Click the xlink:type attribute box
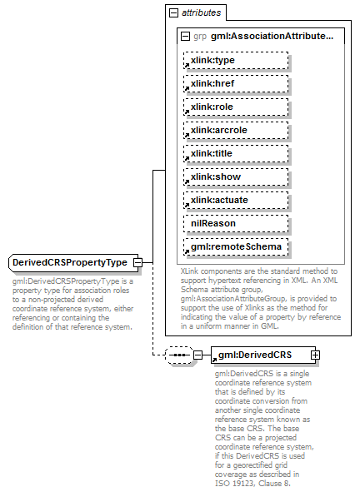point(236,61)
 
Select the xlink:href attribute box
point(236,84)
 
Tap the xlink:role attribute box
point(236,107)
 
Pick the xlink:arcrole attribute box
point(236,131)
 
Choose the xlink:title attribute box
point(236,154)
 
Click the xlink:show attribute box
point(236,177)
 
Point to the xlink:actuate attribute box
point(236,201)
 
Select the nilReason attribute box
point(236,224)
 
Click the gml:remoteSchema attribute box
point(236,247)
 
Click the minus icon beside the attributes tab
point(174,13)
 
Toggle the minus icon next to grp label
point(184,37)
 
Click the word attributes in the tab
point(202,13)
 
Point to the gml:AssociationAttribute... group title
point(271,37)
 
